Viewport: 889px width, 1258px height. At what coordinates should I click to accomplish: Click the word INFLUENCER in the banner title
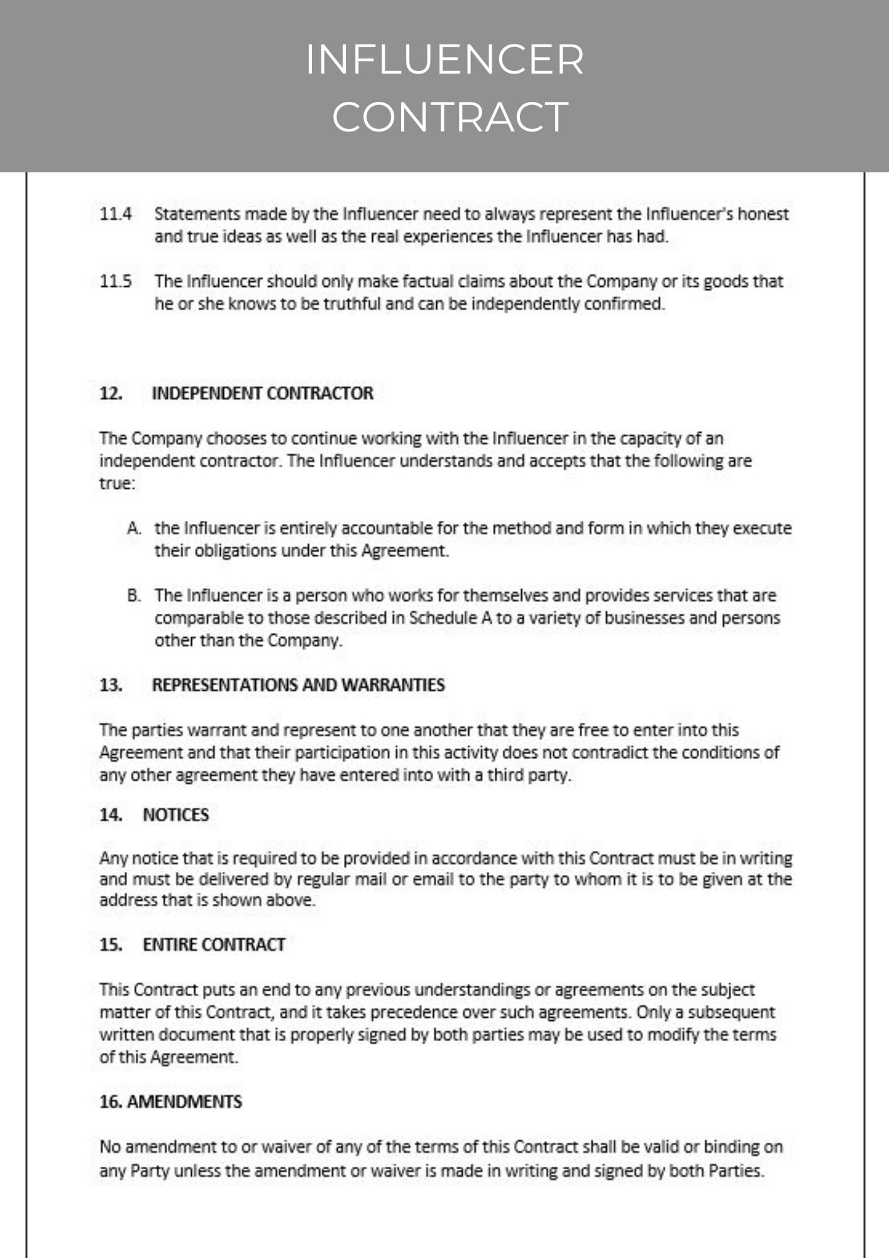coord(444,60)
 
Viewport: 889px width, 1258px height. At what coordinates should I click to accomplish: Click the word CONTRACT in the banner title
coord(450,117)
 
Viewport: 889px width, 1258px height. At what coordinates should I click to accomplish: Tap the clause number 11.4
coord(116,214)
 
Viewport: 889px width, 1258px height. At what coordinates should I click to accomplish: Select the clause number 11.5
coord(116,281)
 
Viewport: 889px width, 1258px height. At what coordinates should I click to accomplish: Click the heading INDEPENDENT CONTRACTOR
coord(262,393)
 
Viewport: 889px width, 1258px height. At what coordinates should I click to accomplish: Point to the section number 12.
coord(111,393)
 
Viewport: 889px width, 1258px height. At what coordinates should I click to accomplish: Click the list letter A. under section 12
coord(134,528)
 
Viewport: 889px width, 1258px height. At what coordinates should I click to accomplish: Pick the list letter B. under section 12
coord(134,595)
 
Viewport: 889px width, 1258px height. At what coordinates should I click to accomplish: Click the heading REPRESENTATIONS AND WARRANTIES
coord(298,685)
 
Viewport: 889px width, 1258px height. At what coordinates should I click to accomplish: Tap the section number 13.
coord(111,685)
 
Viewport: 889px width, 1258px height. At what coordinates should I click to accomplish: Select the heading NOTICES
coord(175,815)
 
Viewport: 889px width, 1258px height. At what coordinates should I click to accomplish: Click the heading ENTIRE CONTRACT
coord(214,945)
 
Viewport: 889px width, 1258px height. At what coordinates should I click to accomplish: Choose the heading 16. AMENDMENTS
coord(170,1102)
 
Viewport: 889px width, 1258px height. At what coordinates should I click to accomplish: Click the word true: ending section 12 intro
coord(117,484)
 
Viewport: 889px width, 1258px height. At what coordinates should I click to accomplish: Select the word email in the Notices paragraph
coord(433,879)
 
